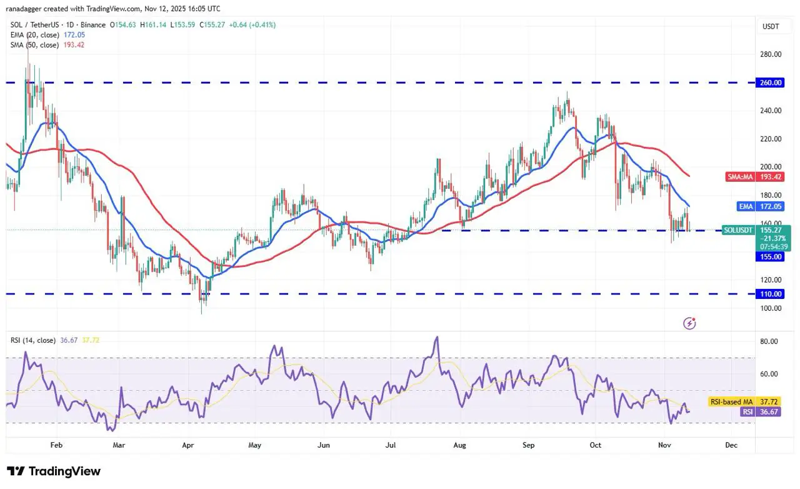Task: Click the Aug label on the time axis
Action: click(x=460, y=446)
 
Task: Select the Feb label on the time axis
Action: click(x=56, y=446)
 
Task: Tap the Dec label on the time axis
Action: click(x=731, y=446)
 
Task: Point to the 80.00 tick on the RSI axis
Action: click(x=769, y=341)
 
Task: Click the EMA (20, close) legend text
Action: click(x=34, y=35)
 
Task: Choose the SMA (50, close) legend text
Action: click(x=34, y=45)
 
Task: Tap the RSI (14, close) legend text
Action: click(x=34, y=340)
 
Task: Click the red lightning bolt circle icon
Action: click(x=690, y=323)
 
